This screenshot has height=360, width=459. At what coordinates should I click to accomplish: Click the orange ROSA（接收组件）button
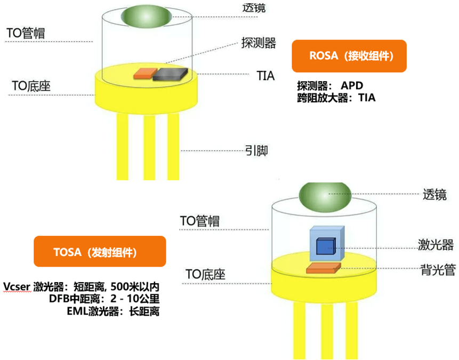(x=349, y=56)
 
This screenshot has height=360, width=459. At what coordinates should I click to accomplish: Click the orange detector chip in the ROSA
(x=144, y=74)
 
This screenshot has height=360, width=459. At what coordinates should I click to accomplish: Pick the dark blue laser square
(x=325, y=246)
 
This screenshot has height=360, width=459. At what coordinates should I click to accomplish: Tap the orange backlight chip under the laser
(x=323, y=267)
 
